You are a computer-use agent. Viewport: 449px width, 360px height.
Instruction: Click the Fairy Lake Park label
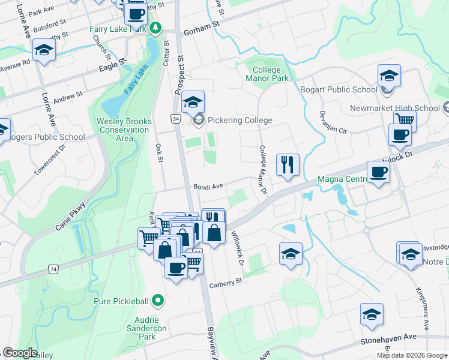click(118, 29)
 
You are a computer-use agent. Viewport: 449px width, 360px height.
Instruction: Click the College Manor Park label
click(267, 74)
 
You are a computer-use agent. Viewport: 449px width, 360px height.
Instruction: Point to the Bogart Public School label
click(339, 90)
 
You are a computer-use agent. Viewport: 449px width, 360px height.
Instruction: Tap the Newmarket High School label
click(394, 109)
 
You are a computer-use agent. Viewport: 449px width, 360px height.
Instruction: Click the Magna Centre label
click(342, 179)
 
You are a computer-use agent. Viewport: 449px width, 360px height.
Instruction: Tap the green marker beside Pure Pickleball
click(158, 299)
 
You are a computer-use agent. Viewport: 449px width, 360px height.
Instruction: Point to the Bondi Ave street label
click(208, 187)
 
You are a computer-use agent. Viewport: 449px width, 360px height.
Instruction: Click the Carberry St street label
click(225, 281)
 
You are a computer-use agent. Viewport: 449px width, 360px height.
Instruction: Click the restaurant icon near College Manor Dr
click(288, 164)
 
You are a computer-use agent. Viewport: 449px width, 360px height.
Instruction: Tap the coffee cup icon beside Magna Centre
click(378, 173)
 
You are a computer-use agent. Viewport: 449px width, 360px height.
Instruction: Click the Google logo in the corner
click(20, 353)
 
